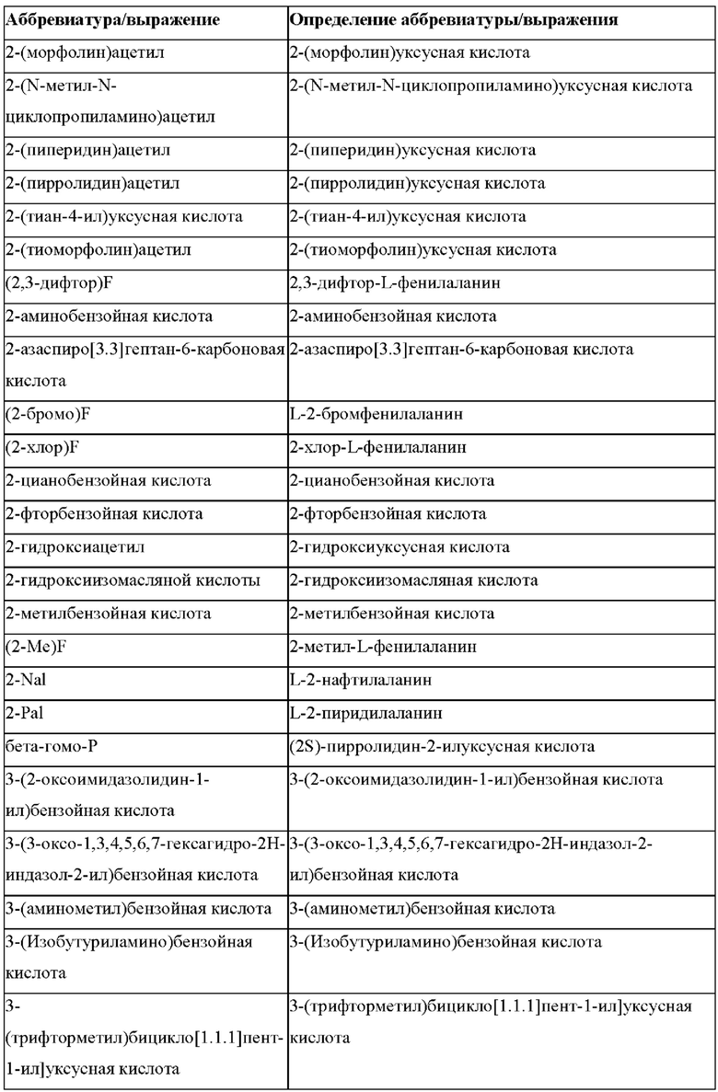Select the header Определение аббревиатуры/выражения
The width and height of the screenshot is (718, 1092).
[453, 19]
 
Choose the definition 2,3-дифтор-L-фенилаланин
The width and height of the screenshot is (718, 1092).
[395, 282]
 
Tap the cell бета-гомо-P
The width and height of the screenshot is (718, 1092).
[52, 746]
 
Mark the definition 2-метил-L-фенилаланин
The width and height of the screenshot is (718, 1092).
[383, 647]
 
